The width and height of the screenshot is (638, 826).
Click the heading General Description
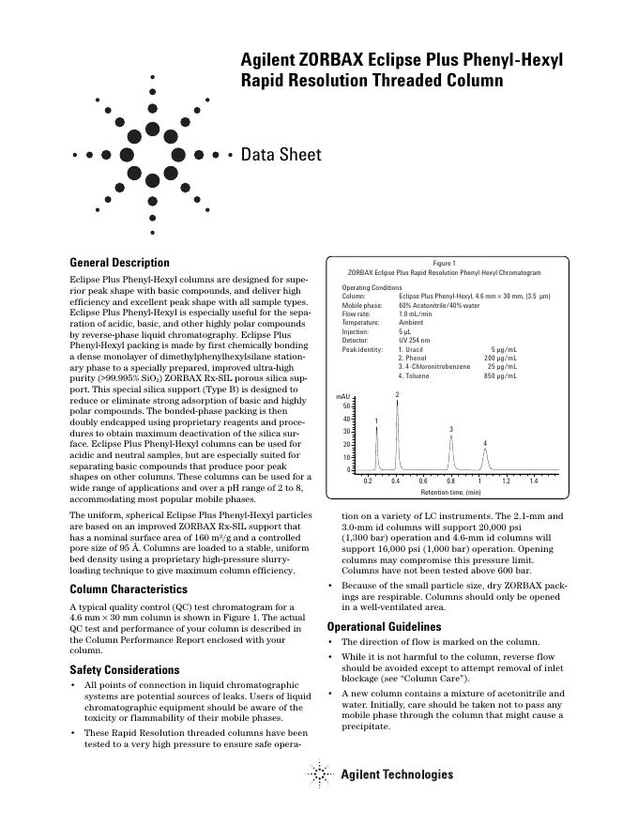[120, 263]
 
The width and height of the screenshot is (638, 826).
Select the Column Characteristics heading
[129, 589]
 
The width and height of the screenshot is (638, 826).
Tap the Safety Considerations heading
[125, 670]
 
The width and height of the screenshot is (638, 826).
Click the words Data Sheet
[281, 155]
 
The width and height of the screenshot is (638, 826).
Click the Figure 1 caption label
[444, 264]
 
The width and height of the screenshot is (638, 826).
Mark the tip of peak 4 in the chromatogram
[485, 450]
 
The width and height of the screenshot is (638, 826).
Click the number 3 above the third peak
[451, 429]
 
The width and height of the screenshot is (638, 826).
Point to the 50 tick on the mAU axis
[346, 406]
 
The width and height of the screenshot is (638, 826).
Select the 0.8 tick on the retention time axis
[450, 481]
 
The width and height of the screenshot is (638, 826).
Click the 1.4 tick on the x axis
[533, 481]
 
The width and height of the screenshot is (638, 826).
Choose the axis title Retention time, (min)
[450, 492]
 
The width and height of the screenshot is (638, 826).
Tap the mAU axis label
[343, 397]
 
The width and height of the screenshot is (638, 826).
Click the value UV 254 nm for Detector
[415, 340]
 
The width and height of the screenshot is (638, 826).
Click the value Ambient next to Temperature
[412, 322]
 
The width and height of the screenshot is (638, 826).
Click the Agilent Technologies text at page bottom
[396, 774]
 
